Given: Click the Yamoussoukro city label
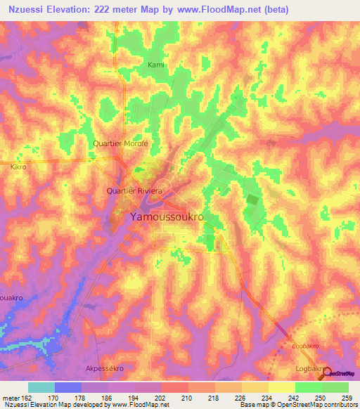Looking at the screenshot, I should [167, 218].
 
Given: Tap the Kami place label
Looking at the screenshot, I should [155, 65].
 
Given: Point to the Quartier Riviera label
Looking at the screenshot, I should [134, 190].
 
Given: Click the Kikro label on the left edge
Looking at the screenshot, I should [18, 168].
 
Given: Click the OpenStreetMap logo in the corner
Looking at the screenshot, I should [341, 372].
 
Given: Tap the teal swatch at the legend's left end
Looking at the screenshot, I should [41, 387].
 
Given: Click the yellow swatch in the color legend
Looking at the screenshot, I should [281, 387].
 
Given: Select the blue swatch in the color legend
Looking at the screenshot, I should [68, 387].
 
